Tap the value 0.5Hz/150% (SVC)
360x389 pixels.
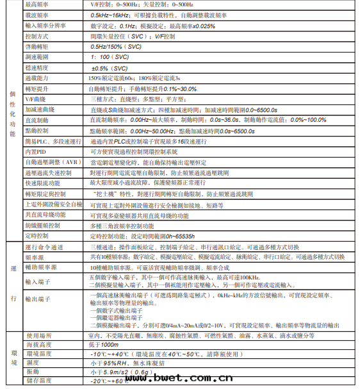[x=117, y=47]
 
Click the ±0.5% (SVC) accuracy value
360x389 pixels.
[x=110, y=67]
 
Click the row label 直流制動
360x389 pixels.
[x=37, y=120]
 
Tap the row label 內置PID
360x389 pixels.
[x=36, y=151]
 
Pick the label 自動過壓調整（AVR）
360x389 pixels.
[x=51, y=162]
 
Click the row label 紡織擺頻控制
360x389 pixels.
[x=42, y=226]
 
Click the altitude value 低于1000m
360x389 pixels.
[x=104, y=345]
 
